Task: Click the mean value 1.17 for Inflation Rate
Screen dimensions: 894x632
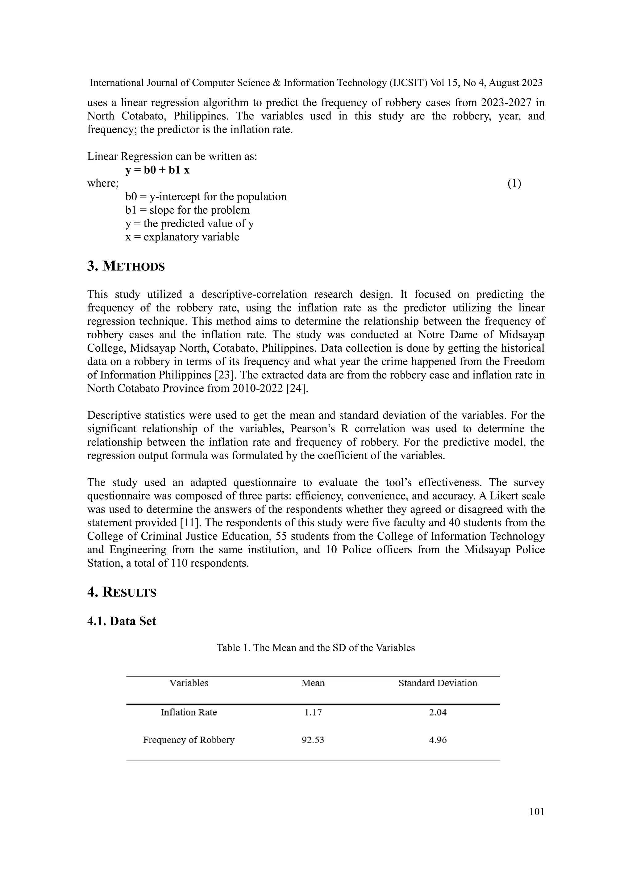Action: click(313, 712)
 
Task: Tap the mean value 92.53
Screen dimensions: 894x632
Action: click(313, 740)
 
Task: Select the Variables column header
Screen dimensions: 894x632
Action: click(189, 683)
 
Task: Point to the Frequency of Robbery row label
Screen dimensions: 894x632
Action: click(189, 740)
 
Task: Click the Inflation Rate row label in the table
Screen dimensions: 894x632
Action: click(189, 712)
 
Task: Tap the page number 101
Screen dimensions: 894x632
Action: click(537, 812)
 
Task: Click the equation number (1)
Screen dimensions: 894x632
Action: click(514, 183)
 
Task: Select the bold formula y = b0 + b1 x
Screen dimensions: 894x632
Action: click(158, 170)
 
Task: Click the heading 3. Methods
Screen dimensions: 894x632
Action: click(126, 266)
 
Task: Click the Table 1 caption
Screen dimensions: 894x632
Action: click(316, 648)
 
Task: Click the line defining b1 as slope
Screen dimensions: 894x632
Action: click(188, 210)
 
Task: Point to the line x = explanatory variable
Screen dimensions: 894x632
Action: click(182, 237)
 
